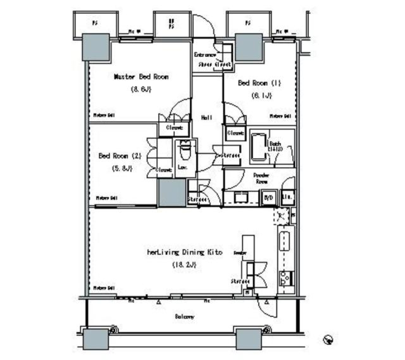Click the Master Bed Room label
coord(141,77)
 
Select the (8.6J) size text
coord(141,89)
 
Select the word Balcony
coord(184,316)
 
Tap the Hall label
coord(206,118)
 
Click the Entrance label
coord(205,55)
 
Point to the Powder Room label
coord(262,177)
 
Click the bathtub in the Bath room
coord(258,147)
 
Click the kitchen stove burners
coord(285,277)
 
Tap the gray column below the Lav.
coord(172,193)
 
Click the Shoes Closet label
coord(215,65)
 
